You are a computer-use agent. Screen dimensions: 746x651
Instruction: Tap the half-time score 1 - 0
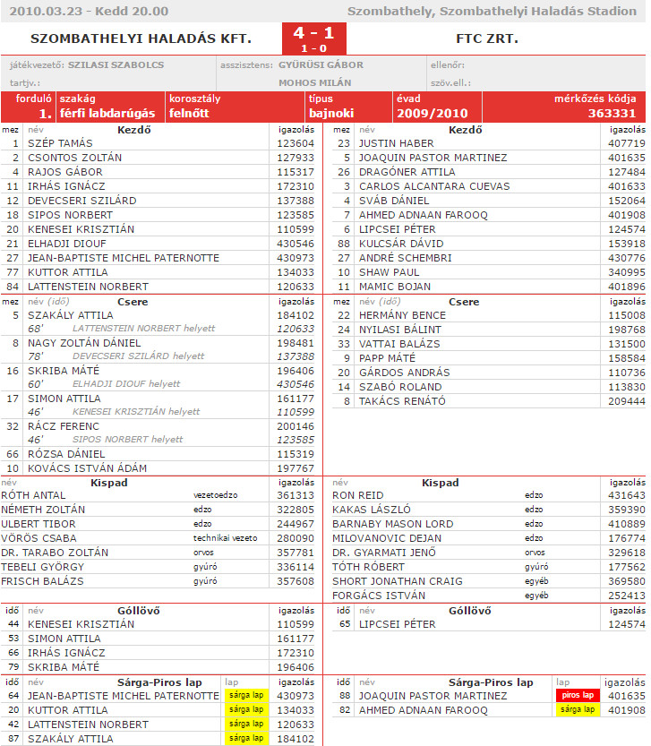[x=313, y=48]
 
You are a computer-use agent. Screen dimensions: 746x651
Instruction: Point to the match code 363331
[x=612, y=114]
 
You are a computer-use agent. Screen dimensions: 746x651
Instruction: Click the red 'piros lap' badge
[x=577, y=695]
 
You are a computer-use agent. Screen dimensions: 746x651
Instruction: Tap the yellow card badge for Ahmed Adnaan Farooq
[x=577, y=710]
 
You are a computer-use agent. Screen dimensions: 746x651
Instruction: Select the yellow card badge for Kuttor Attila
[x=244, y=709]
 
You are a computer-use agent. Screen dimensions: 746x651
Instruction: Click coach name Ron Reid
[x=358, y=495]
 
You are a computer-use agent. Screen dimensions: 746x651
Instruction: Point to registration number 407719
[x=626, y=143]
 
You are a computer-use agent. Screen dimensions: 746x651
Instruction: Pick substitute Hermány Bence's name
[x=402, y=315]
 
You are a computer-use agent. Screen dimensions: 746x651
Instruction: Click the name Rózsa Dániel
[x=66, y=454]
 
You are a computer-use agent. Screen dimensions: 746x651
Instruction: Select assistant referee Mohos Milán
[x=314, y=82]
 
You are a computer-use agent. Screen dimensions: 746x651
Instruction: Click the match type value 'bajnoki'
[x=330, y=114]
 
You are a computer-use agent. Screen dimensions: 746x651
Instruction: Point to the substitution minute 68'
[x=36, y=329]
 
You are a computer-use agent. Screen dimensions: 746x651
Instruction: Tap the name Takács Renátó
[x=401, y=401]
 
